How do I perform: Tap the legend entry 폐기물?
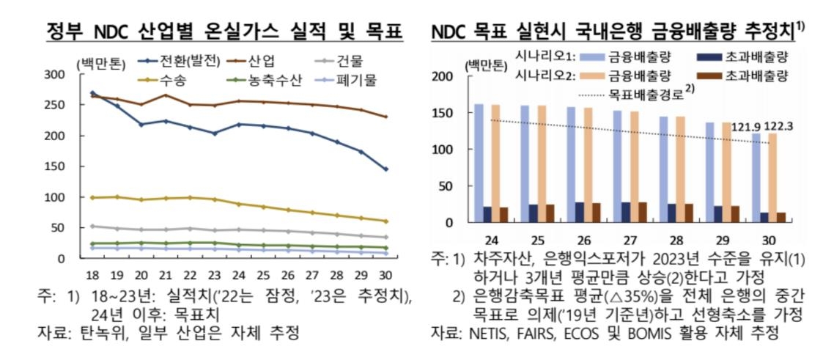pos(357,79)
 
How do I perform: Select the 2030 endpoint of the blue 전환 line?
pos(386,169)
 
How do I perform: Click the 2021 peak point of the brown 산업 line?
pos(166,95)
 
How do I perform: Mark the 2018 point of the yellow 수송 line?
pos(92,197)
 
